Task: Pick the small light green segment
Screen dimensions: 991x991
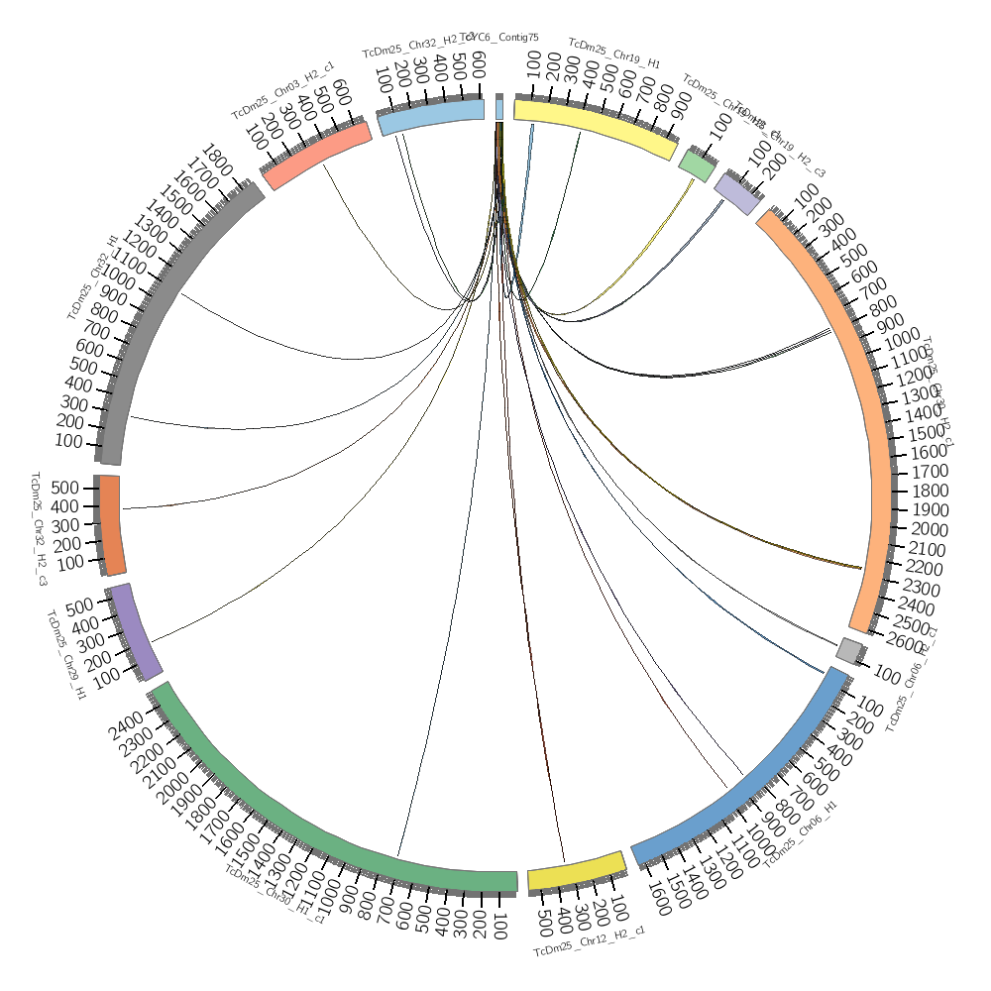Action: pos(696,165)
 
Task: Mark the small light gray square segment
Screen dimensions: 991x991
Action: pos(849,650)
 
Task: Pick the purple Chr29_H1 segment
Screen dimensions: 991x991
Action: pos(135,632)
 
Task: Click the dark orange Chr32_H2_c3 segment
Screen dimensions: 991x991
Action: pos(111,525)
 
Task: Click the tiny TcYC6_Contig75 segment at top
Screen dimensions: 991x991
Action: pos(499,108)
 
